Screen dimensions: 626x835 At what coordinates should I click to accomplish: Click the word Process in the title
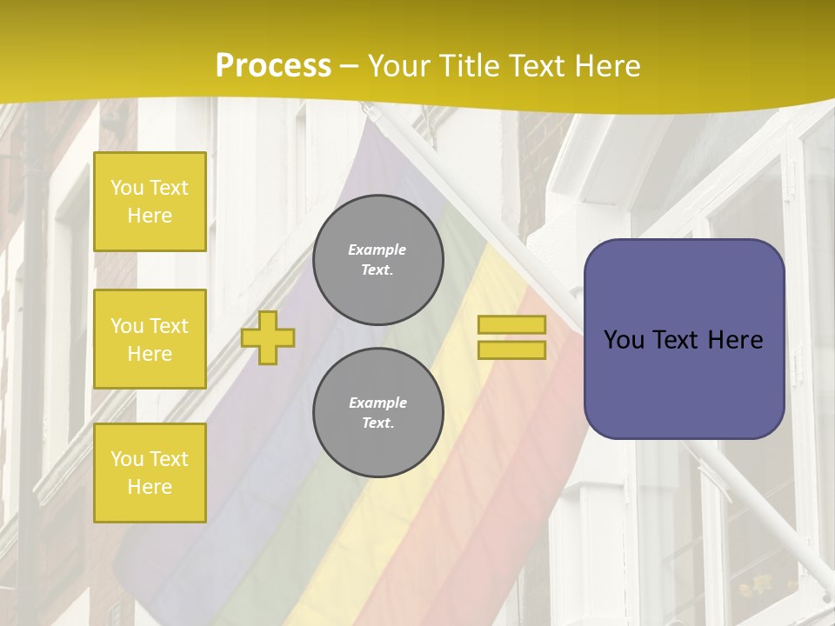[x=273, y=65]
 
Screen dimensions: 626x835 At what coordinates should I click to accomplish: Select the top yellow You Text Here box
[x=150, y=202]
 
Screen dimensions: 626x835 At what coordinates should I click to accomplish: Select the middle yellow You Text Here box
[x=150, y=339]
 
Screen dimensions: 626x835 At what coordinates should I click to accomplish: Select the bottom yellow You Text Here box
[x=150, y=472]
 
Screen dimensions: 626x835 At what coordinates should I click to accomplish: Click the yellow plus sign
[x=268, y=337]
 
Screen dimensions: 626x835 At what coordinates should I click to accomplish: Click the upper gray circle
[x=378, y=260]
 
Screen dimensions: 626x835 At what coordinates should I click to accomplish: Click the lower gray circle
[x=378, y=412]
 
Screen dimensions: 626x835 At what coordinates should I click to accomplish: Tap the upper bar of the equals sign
[x=511, y=324]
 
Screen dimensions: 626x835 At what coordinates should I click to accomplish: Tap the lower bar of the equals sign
[x=511, y=350]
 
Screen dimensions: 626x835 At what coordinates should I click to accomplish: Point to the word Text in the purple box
[x=675, y=340]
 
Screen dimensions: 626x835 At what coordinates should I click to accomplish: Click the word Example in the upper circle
[x=377, y=250]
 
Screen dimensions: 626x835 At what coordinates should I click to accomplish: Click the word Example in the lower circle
[x=377, y=403]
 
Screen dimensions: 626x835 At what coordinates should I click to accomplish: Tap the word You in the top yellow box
[x=126, y=188]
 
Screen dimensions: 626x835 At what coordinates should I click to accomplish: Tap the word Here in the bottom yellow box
[x=150, y=487]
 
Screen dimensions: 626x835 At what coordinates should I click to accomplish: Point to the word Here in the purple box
[x=735, y=340]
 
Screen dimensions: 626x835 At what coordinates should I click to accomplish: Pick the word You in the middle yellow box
[x=126, y=326]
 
